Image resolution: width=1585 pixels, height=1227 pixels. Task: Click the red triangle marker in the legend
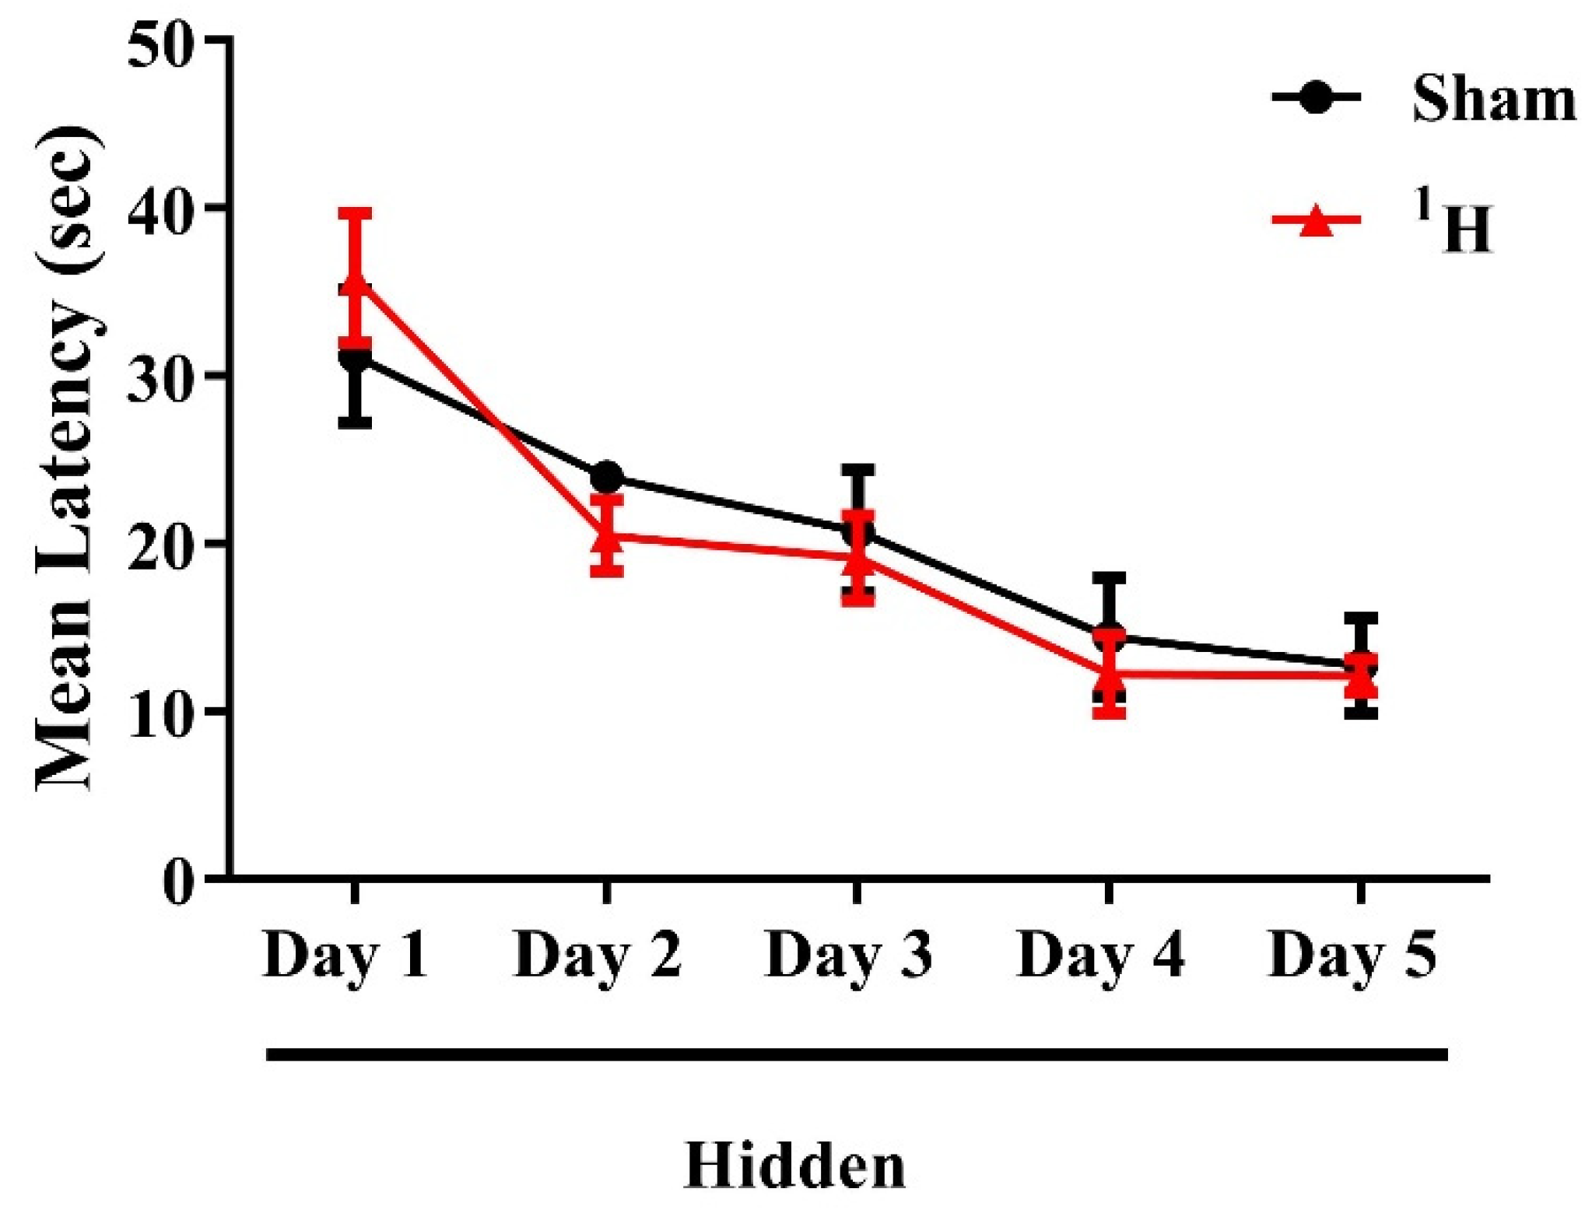click(x=1316, y=221)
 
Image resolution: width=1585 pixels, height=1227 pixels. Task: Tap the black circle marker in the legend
click(x=1316, y=97)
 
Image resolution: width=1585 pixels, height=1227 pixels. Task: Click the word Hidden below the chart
click(x=794, y=1165)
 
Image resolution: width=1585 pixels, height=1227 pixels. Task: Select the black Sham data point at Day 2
click(x=606, y=476)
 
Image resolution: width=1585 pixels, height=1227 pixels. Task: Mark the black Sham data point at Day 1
click(x=355, y=359)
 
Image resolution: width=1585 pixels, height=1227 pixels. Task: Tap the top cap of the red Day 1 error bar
click(x=355, y=213)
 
